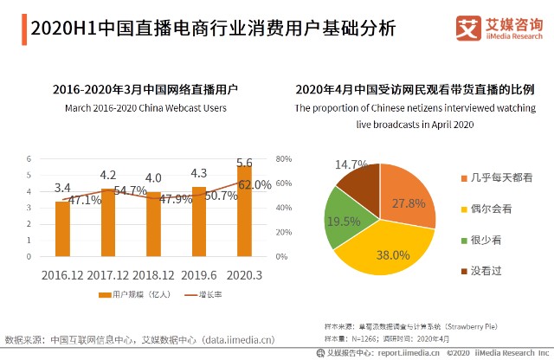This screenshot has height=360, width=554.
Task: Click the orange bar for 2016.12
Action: (62, 228)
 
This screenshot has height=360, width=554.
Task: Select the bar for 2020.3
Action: (245, 211)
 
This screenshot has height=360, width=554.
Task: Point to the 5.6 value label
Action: (245, 163)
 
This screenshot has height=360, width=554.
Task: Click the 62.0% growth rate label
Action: (255, 184)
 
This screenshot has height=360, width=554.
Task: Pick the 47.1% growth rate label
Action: (85, 200)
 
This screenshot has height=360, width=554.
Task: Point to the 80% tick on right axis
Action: (282, 159)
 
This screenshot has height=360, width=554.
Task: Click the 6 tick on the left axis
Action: (29, 159)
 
